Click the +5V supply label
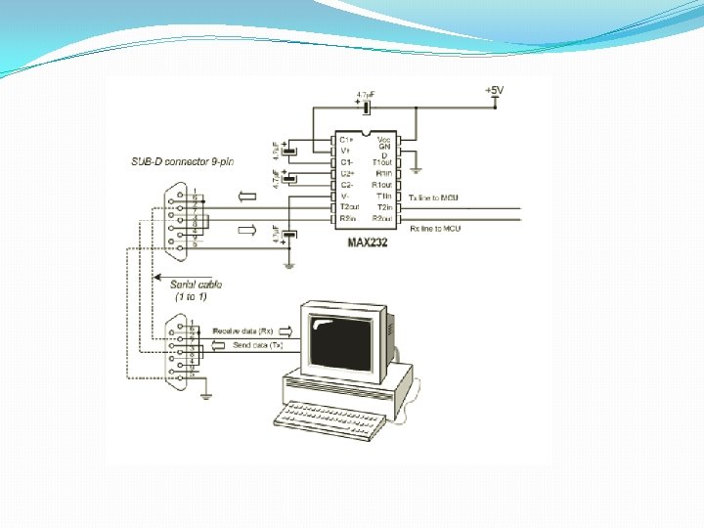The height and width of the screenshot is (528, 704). point(495,90)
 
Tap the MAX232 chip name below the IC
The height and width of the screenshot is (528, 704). point(368,242)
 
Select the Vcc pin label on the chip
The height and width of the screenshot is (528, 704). point(384,139)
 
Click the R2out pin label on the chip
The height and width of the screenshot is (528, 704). point(381,219)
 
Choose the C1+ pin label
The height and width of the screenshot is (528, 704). point(346,140)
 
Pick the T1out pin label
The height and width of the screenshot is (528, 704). point(381,162)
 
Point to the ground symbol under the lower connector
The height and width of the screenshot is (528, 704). point(205,393)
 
